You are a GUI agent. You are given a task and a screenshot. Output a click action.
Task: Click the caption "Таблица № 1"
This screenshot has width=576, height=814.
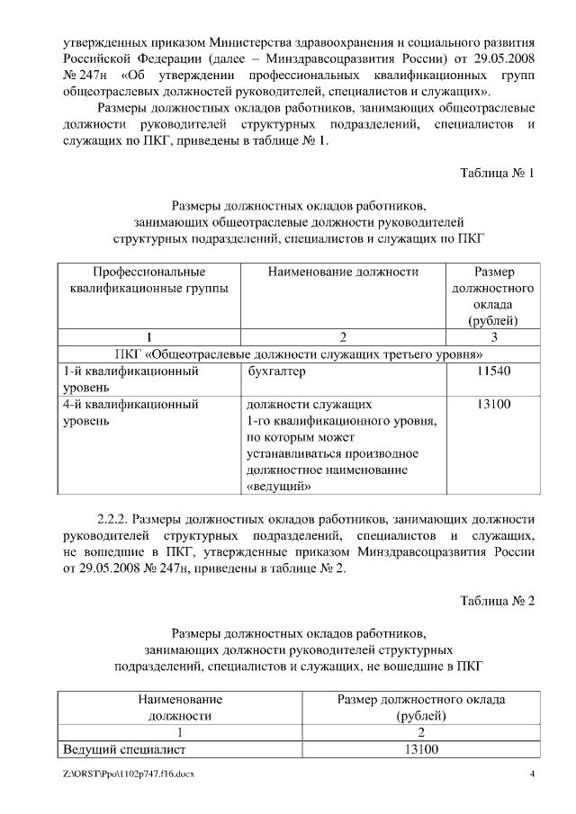point(498,173)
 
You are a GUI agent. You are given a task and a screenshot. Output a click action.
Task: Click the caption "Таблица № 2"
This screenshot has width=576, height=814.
point(498,601)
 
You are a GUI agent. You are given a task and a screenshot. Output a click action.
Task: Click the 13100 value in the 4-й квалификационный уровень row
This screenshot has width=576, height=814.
point(493,405)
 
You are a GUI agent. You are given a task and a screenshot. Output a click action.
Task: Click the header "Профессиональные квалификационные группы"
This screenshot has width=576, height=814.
point(148,280)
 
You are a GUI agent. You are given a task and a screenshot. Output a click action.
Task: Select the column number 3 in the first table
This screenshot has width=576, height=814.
point(493,337)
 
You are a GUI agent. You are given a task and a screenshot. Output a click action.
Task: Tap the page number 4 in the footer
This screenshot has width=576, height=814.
point(532,774)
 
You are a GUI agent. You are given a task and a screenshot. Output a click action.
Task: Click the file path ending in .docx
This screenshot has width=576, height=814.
point(121,774)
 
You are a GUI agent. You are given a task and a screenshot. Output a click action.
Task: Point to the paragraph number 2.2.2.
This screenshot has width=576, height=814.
point(115,519)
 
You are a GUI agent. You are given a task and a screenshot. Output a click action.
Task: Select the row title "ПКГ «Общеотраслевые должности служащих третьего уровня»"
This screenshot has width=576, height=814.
point(299,353)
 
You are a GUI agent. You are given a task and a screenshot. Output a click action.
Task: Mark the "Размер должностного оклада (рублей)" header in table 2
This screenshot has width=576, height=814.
point(420,707)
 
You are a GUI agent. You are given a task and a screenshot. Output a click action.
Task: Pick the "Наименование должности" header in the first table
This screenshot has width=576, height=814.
point(343,272)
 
